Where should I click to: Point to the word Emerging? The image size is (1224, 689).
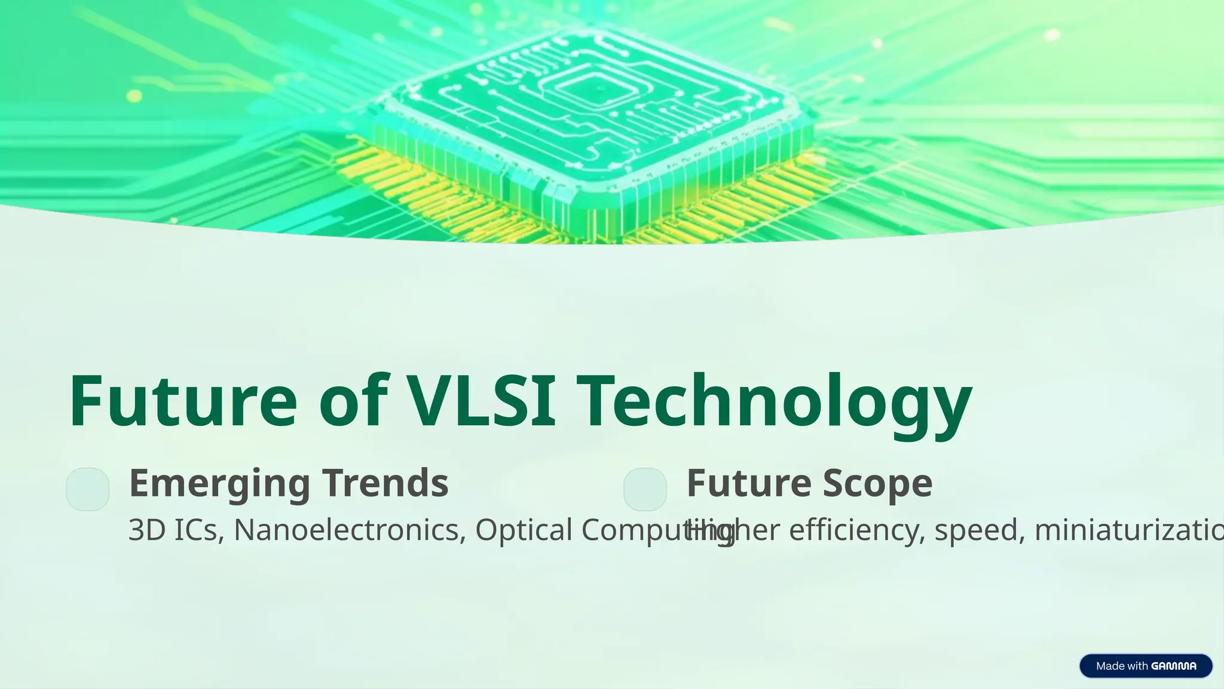pyautogui.click(x=219, y=483)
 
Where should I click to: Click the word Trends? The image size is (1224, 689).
pyautogui.click(x=385, y=483)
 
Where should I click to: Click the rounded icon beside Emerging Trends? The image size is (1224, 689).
pyautogui.click(x=88, y=489)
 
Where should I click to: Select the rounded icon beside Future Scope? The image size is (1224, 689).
pyautogui.click(x=645, y=489)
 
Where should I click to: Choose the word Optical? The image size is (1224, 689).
pyautogui.click(x=524, y=530)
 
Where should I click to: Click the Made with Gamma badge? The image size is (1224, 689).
pyautogui.click(x=1146, y=666)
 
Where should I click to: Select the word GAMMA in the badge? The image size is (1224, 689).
pyautogui.click(x=1173, y=666)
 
